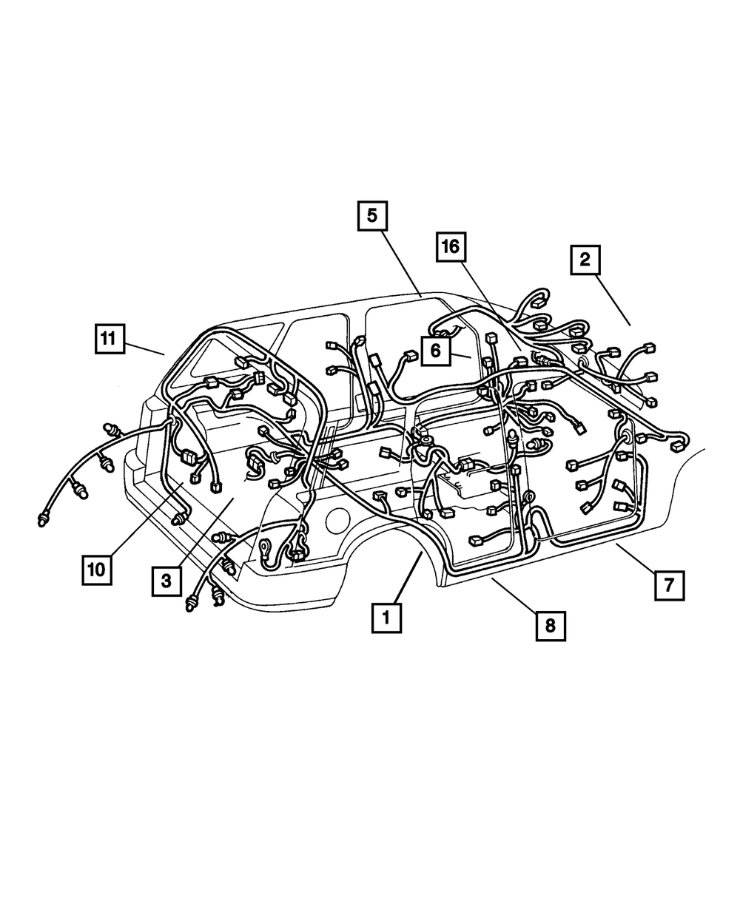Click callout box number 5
[x=371, y=216]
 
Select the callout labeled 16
[x=451, y=247]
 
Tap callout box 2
[x=585, y=260]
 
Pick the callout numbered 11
[x=109, y=340]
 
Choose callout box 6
[x=435, y=351]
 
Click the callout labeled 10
[x=98, y=569]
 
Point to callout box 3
[x=167, y=581]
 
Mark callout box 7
[x=668, y=585]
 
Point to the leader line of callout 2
[x=614, y=300]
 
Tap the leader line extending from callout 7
[x=634, y=556]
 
